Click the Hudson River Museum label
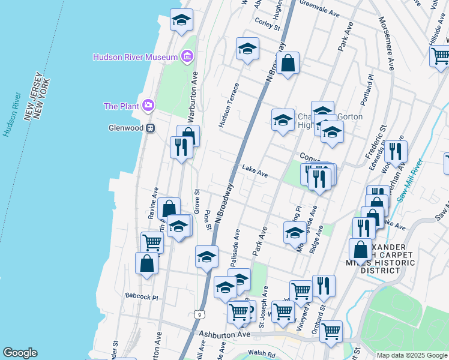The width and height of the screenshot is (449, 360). (135, 57)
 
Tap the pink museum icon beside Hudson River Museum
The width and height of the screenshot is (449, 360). (187, 57)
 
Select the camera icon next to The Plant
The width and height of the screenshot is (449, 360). (148, 106)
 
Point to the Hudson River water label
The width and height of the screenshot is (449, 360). (8, 114)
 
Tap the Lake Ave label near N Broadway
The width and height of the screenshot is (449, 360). (255, 172)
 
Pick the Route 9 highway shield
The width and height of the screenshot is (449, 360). (198, 314)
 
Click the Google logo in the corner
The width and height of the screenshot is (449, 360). (20, 353)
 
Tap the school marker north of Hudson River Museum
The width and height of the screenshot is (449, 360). (181, 22)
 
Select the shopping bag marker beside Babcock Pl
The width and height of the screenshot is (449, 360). (146, 264)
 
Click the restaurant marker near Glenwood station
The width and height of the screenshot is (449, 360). (181, 147)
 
